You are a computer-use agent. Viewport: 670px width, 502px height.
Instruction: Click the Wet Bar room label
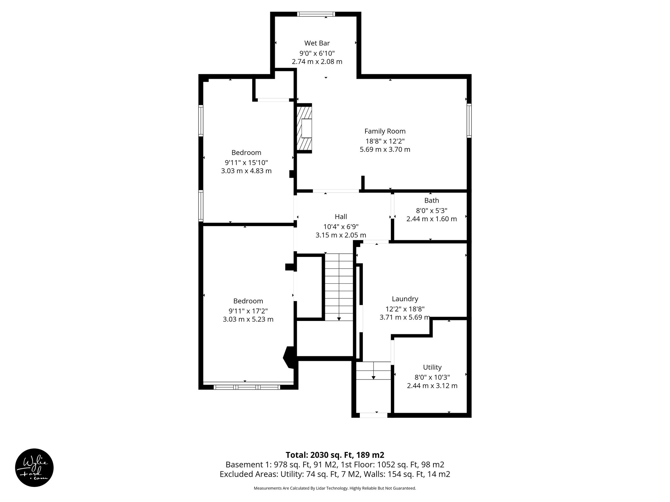click(317, 43)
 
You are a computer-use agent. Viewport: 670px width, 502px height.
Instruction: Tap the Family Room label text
click(385, 131)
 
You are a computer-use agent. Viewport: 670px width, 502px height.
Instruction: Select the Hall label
click(341, 217)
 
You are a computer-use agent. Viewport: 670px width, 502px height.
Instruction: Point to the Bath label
click(432, 201)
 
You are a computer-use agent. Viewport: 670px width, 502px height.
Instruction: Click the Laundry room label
click(405, 299)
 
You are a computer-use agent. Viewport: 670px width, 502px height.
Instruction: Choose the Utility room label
click(432, 367)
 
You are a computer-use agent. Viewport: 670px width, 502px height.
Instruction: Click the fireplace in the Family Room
click(304, 128)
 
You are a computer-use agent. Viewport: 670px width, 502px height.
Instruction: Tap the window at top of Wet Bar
click(316, 14)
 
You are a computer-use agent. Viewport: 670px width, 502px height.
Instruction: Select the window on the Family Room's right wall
click(469, 120)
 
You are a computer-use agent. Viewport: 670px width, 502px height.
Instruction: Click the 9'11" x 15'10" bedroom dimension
click(246, 162)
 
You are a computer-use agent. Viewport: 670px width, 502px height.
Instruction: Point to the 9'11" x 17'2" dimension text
click(248, 311)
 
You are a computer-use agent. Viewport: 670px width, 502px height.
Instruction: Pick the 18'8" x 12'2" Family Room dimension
click(385, 141)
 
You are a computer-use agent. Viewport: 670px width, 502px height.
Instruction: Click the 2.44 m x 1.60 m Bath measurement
click(432, 219)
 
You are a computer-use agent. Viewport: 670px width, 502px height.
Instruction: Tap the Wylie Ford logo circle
click(34, 467)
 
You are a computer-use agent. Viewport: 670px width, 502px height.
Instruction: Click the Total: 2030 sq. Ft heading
click(335, 455)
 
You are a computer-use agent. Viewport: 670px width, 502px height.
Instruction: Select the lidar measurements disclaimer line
click(335, 488)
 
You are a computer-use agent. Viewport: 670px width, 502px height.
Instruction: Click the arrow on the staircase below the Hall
click(339, 318)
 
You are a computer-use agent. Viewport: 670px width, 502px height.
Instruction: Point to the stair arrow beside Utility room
click(373, 377)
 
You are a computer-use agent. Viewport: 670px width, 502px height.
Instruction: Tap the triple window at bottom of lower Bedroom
click(247, 387)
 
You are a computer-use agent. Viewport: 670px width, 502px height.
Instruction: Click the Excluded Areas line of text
click(335, 474)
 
